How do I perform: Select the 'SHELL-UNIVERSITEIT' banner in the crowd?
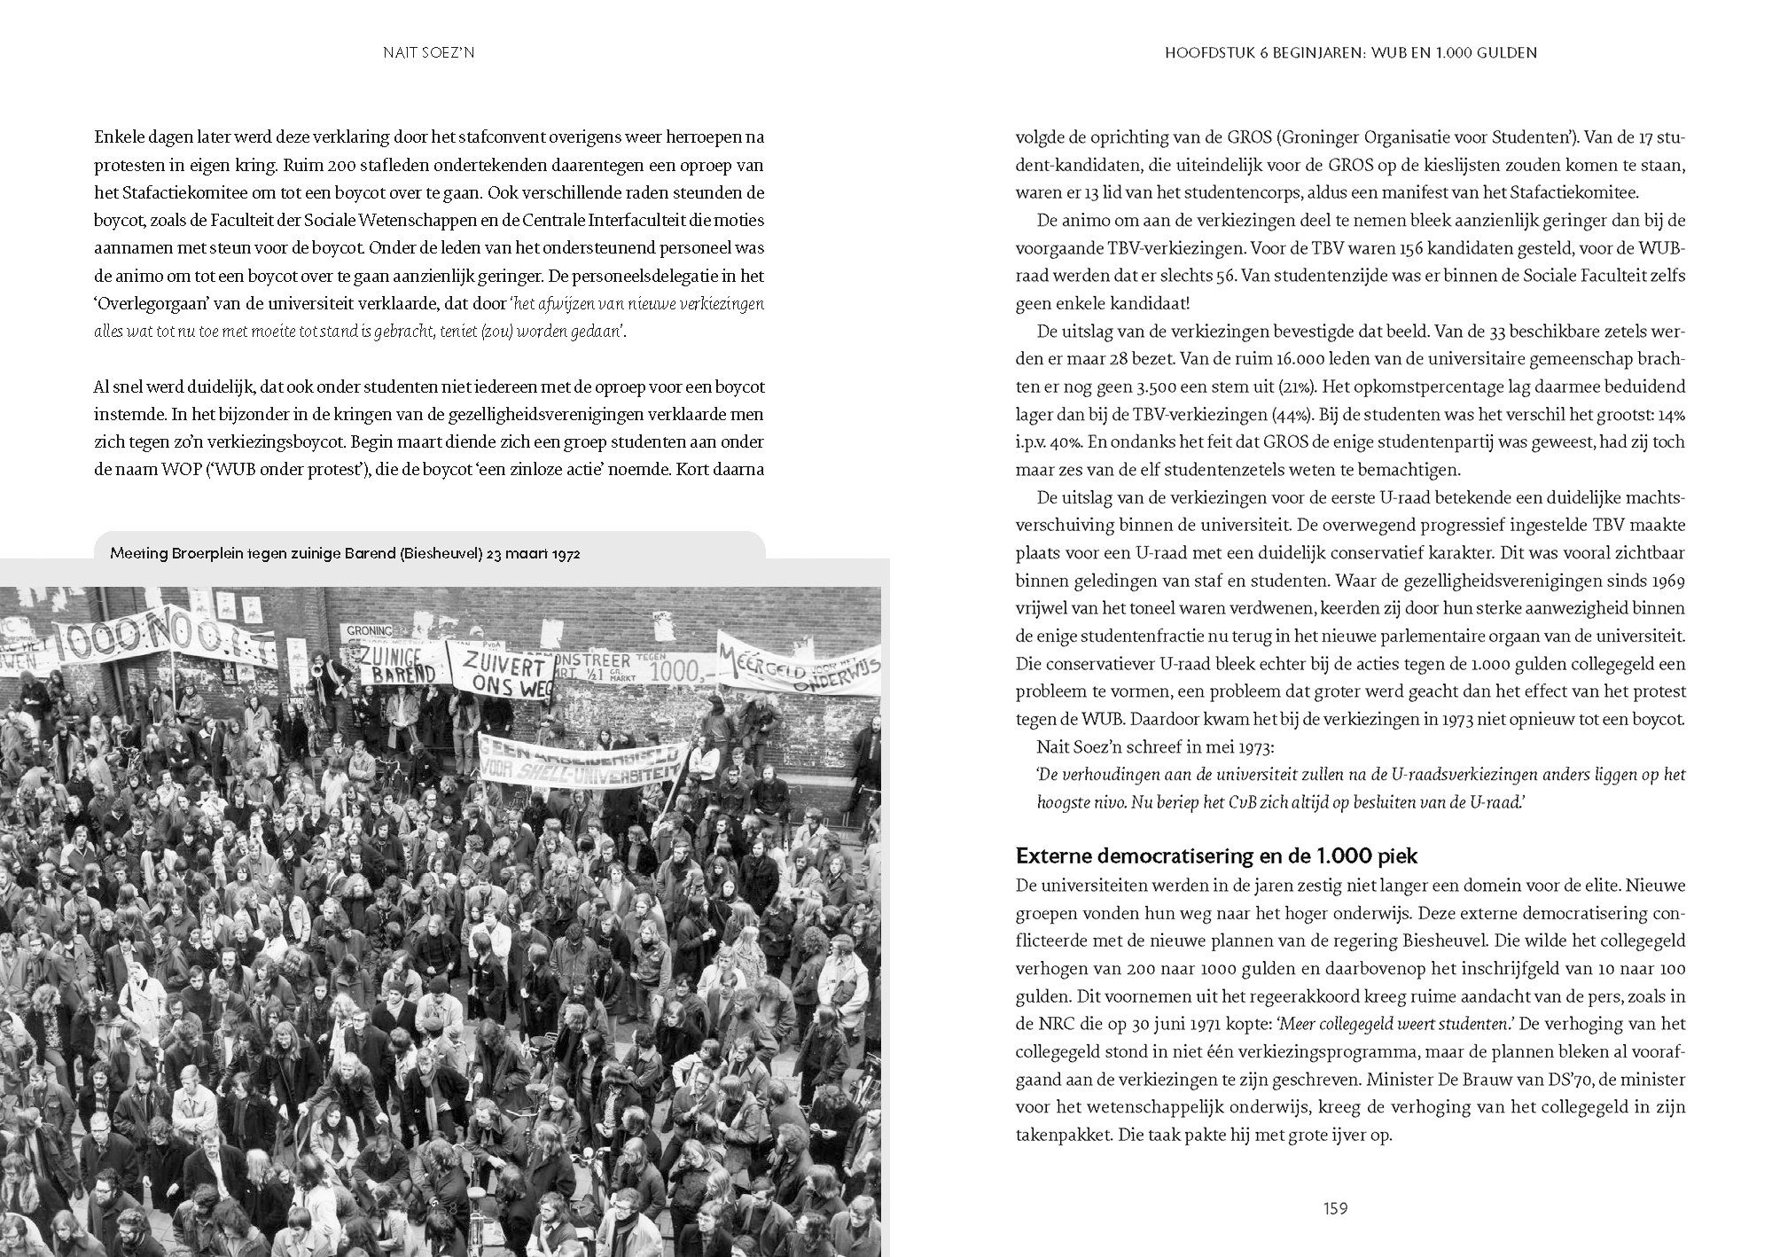pos(583,764)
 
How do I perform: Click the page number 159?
pos(1335,1208)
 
